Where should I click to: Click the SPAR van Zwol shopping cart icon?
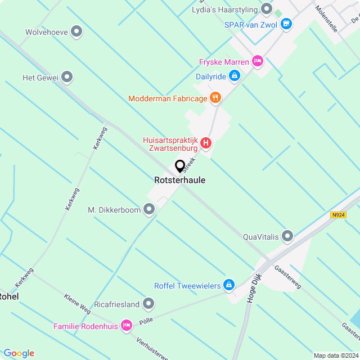[x=286, y=24]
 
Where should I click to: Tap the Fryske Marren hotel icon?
[x=258, y=61]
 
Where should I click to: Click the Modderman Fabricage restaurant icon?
[x=215, y=98]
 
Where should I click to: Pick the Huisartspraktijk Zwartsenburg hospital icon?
[x=206, y=143]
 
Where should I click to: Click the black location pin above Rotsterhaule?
[x=181, y=166]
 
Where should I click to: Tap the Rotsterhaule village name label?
[x=179, y=181]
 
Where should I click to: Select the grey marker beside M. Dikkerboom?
[x=149, y=210]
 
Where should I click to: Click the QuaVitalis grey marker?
[x=288, y=236]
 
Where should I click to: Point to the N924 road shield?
[x=337, y=215]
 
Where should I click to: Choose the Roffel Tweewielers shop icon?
[x=228, y=286]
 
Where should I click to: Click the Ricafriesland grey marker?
[x=148, y=304]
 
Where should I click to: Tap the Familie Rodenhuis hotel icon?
[x=127, y=326]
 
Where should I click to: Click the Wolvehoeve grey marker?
[x=76, y=32]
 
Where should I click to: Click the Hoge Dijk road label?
[x=254, y=288]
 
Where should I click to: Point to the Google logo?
[x=19, y=353]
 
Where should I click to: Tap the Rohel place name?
[x=8, y=296]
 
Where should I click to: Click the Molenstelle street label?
[x=326, y=18]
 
